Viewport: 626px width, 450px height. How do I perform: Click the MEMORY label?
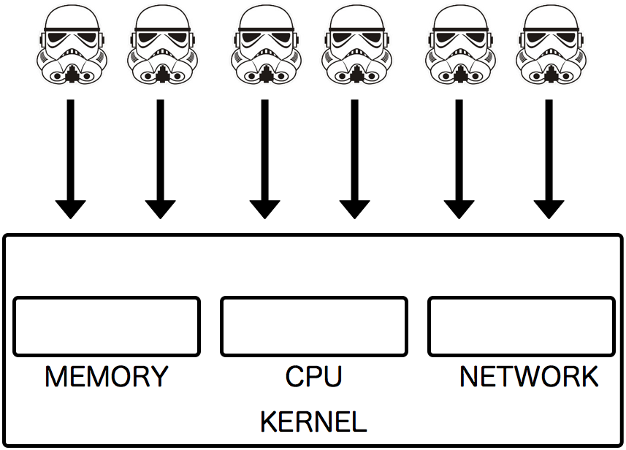point(106,377)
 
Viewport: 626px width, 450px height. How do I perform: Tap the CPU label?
point(313,377)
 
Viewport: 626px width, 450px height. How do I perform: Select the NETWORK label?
point(529,377)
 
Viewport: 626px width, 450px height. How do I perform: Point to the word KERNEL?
point(313,422)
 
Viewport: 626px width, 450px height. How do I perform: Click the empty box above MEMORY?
point(107,327)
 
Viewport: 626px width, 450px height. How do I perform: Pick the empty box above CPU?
point(314,327)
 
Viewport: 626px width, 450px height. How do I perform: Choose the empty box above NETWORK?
point(522,327)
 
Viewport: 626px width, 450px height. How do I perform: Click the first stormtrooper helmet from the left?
point(71,45)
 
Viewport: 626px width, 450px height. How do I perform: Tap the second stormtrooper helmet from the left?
point(161,45)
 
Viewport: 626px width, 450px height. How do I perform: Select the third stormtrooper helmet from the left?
point(265,45)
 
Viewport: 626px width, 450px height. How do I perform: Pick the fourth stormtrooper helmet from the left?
point(356,45)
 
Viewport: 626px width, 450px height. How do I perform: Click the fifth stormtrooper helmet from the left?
point(459,45)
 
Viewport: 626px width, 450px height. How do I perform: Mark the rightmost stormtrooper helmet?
point(550,45)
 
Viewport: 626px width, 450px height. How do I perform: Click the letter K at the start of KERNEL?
point(268,422)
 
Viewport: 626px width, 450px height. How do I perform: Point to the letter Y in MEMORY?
point(159,377)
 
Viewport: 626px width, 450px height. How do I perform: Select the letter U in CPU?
point(332,377)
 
